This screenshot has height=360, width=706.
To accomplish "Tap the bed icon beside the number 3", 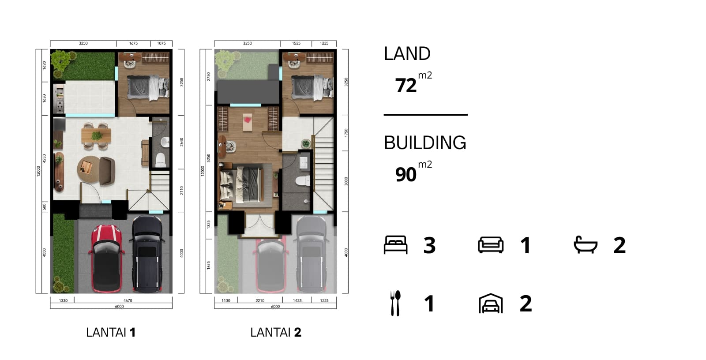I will [395, 245].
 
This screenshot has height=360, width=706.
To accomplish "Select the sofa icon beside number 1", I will [491, 245].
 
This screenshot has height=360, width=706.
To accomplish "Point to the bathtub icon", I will [586, 245].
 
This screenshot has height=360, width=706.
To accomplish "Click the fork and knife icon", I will [395, 303].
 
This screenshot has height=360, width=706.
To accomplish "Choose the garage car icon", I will [491, 304].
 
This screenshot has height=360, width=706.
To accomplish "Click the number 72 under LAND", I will [406, 86].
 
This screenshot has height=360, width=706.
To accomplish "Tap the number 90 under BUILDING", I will [406, 175].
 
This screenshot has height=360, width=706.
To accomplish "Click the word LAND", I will [407, 54].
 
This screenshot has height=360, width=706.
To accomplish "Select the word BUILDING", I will [425, 143].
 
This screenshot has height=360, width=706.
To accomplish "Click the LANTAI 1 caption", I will [111, 332].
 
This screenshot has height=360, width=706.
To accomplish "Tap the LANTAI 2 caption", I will [275, 332].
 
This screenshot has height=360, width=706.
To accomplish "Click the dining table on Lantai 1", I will [96, 134].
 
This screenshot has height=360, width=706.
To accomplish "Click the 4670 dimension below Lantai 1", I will [128, 300].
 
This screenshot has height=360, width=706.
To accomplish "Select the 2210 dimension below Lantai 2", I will [260, 300].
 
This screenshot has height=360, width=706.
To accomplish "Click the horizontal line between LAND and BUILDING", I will [425, 115].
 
